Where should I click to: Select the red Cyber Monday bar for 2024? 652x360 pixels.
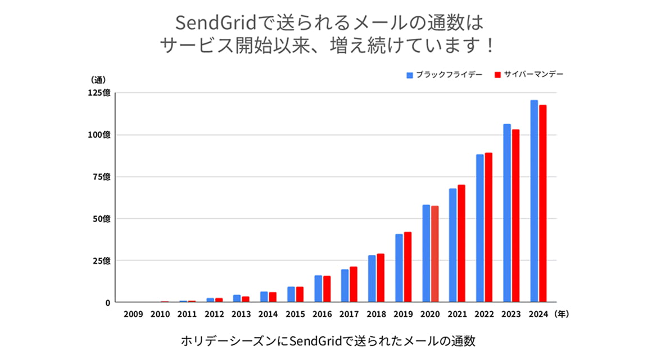tap(543, 204)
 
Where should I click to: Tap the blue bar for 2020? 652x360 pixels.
tap(426, 254)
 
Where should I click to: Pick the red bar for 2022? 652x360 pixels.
tap(489, 228)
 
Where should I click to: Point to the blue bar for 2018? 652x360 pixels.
tap(372, 279)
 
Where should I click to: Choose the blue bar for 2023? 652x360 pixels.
tap(507, 213)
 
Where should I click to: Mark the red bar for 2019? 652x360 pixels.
tap(408, 267)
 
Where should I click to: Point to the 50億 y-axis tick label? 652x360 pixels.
tap(102, 219)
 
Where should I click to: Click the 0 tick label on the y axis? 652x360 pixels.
tap(107, 303)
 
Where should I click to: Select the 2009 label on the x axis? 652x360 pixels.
tap(133, 315)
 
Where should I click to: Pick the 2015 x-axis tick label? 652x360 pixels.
tap(295, 315)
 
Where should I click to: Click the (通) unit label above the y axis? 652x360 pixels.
tap(98, 80)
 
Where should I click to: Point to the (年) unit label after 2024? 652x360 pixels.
tap(562, 315)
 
